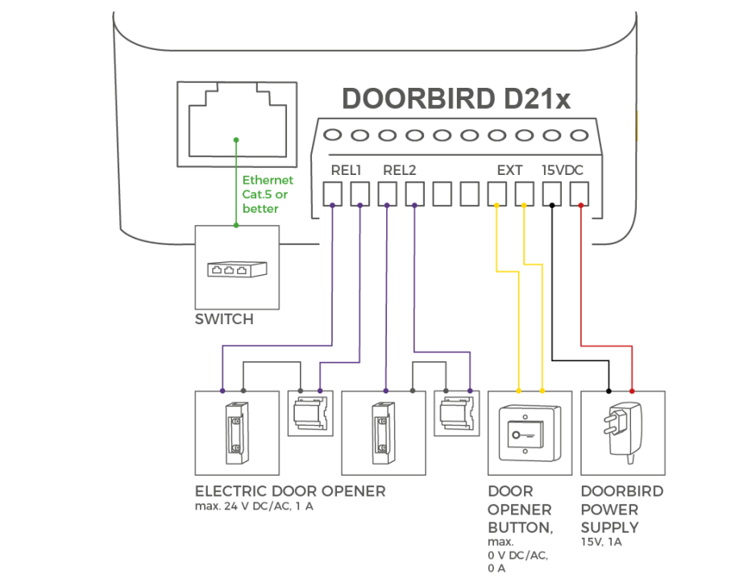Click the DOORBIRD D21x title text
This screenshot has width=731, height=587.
coord(456,99)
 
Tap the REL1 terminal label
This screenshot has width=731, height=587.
coord(346,171)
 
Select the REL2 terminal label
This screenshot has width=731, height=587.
coord(399,171)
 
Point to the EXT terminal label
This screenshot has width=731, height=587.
coord(509,171)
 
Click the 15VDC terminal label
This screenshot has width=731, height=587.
coord(562,171)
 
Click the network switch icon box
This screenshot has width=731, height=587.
coord(236,266)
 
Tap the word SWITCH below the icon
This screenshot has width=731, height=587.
coord(224,319)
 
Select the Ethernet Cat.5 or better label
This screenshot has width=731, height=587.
coord(268,194)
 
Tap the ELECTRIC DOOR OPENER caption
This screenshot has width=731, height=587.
coord(290,491)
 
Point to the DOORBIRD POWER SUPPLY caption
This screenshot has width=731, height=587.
coord(621,509)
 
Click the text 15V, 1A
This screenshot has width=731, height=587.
coord(601,543)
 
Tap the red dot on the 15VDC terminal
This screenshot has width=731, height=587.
coord(580,205)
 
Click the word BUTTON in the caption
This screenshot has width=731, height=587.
coord(520,527)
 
